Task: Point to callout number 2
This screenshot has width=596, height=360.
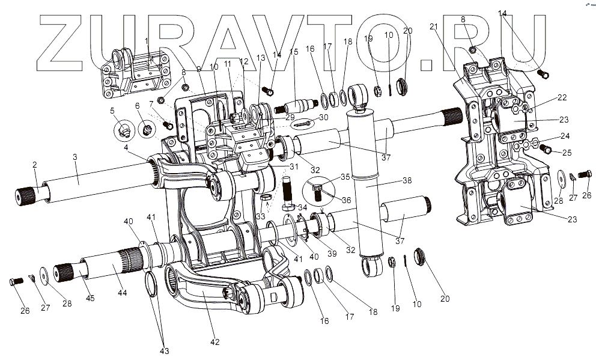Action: click(x=35, y=165)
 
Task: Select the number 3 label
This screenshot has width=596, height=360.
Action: click(x=75, y=157)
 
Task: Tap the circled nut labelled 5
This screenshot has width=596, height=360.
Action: click(x=124, y=129)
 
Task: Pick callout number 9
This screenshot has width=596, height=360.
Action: click(x=199, y=69)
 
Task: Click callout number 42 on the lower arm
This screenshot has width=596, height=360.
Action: click(x=216, y=342)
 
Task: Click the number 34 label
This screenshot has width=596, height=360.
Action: click(x=302, y=209)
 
